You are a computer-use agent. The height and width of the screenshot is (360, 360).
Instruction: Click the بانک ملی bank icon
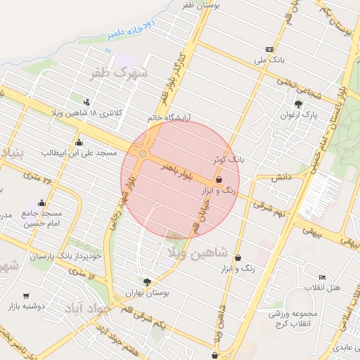click(x=270, y=49)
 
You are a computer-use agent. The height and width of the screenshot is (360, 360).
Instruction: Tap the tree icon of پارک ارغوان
click(x=300, y=103)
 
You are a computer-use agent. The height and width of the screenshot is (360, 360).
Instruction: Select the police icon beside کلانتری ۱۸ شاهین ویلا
click(x=86, y=101)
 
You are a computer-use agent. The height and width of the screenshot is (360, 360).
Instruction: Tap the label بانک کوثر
click(x=229, y=160)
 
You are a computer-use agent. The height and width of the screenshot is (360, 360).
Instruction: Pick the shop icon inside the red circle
click(x=219, y=180)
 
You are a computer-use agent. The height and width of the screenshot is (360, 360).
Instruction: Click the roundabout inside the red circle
click(x=143, y=153)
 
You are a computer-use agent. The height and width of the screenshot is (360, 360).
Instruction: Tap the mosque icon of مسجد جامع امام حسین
click(x=41, y=203)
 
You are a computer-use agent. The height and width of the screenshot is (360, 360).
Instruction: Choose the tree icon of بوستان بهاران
click(x=147, y=281)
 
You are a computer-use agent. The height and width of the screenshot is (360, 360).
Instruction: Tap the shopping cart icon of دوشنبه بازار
click(x=26, y=296)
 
